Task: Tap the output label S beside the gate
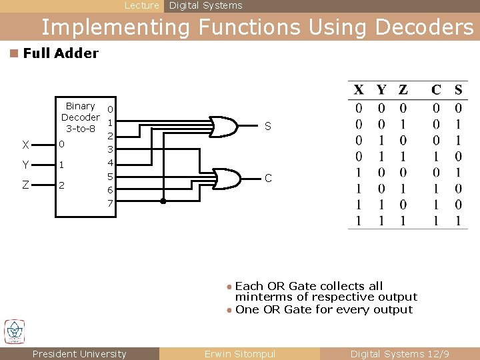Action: (267, 126)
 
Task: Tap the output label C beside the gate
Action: (267, 179)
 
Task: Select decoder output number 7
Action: (111, 203)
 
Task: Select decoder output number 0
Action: (111, 108)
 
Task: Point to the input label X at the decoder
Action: (25, 145)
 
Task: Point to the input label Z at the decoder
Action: (25, 185)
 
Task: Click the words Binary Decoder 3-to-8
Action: (80, 117)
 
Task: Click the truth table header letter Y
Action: (381, 90)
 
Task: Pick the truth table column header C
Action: (436, 90)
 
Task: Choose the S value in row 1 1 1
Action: (458, 221)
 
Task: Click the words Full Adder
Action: (61, 53)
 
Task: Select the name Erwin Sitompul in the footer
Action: (239, 354)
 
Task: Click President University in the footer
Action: (79, 354)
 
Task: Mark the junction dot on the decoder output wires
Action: (163, 200)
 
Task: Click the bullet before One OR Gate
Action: (229, 310)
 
